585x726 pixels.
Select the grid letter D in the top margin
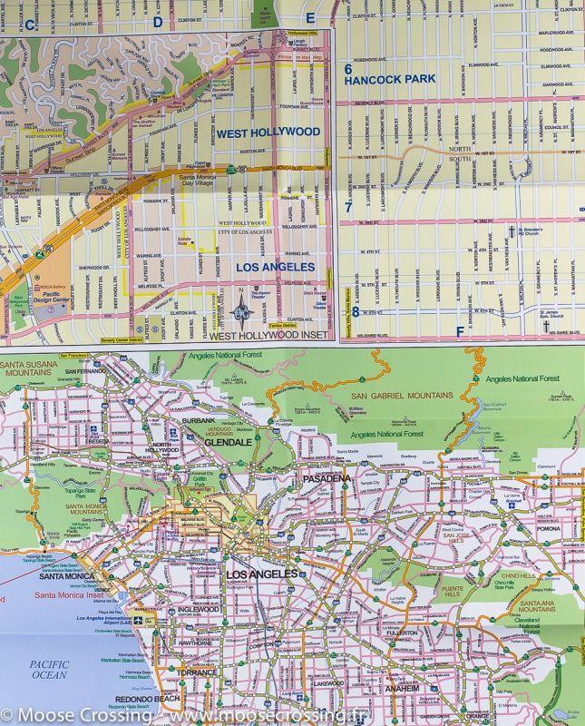click(x=157, y=20)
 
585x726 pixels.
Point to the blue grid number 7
click(x=348, y=207)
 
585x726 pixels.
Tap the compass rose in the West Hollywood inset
click(x=242, y=313)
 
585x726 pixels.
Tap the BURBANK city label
click(x=198, y=422)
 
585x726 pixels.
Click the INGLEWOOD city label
click(x=196, y=609)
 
